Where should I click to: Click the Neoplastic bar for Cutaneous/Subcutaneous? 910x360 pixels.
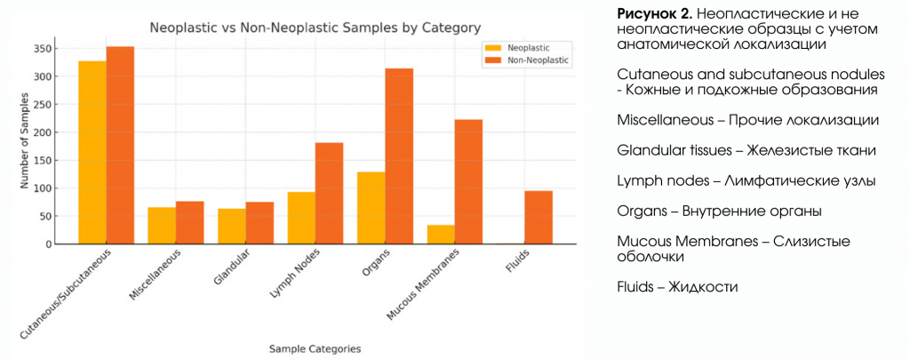tap(92, 152)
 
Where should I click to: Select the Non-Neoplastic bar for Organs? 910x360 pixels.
tap(399, 156)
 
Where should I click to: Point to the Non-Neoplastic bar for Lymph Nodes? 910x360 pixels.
tap(329, 194)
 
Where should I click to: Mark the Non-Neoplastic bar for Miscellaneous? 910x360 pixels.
tap(190, 223)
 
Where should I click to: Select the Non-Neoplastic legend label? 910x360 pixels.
tap(538, 60)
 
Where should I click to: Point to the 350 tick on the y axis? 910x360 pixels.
tap(53, 49)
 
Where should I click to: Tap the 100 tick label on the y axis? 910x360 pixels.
tap(42, 188)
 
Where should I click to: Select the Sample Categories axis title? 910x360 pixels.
tap(315, 348)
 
